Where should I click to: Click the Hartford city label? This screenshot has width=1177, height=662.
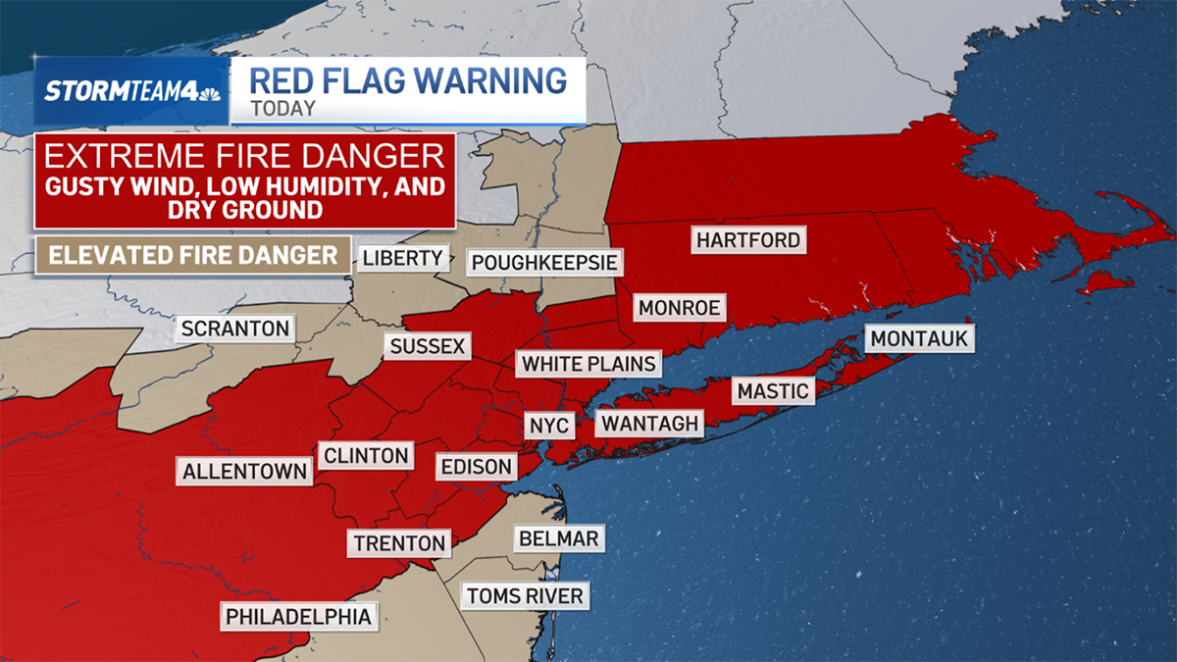tap(747, 240)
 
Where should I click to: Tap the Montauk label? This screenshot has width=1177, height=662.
tap(919, 339)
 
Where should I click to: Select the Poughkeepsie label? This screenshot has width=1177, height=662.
tap(543, 263)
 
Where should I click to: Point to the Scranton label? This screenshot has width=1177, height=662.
tap(235, 328)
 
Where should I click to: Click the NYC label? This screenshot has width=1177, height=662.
tap(549, 426)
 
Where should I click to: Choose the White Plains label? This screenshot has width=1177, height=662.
tap(588, 364)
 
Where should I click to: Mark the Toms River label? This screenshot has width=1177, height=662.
tap(525, 595)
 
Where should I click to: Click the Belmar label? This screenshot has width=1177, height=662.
tap(557, 538)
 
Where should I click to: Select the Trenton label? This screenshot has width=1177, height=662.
tap(399, 542)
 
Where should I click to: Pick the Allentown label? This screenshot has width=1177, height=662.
tap(245, 471)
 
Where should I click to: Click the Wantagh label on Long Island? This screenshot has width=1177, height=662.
tap(650, 424)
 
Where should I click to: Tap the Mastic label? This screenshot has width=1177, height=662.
tap(773, 391)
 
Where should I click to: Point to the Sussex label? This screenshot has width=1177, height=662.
tap(427, 346)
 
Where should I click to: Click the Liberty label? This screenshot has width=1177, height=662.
tap(402, 258)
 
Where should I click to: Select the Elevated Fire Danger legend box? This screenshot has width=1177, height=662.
tap(193, 256)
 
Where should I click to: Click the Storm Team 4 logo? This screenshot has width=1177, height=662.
tap(131, 91)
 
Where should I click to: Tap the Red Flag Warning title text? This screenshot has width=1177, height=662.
tap(408, 80)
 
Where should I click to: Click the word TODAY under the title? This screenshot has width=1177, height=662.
tap(283, 108)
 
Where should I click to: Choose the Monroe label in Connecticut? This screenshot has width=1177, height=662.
tap(679, 308)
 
